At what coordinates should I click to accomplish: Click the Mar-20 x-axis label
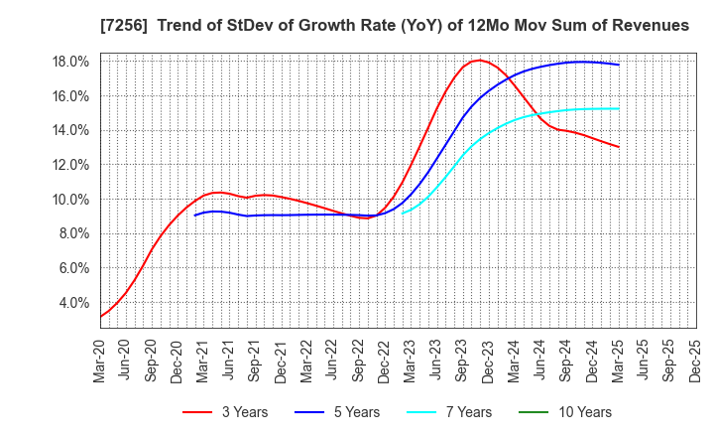100,362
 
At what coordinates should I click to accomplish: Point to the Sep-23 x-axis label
462,362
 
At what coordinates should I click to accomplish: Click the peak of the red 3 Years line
480,60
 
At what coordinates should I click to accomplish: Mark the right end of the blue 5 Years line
619,65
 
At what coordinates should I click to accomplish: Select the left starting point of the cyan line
403,213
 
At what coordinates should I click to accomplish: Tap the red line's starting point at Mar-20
100,317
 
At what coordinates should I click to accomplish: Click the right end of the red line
619,147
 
